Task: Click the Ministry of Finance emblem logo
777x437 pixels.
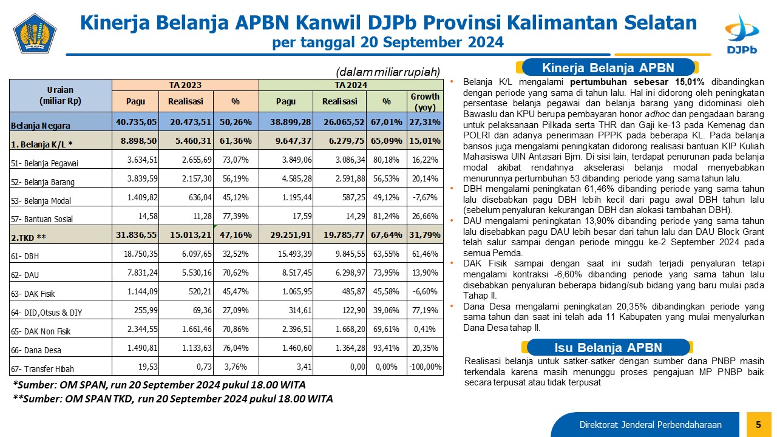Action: coord(35,33)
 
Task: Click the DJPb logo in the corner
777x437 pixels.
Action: coord(742,34)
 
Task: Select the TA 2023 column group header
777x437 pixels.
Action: coord(185,85)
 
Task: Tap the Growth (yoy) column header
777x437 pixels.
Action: coord(425,101)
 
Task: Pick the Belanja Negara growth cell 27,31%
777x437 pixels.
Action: coord(425,122)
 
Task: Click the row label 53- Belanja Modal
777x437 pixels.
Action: coord(41,201)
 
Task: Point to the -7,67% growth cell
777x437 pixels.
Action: coord(425,197)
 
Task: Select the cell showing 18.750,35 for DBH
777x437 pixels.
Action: coord(140,254)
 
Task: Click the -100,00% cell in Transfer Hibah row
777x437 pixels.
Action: coord(425,367)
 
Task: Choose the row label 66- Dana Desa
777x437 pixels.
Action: coord(36,350)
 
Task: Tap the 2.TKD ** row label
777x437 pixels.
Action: coord(29,237)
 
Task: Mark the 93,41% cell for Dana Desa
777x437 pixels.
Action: coord(386,348)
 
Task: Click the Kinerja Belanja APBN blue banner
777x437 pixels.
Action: coord(608,67)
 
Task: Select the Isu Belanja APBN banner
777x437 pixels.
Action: coord(608,347)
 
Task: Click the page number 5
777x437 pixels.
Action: coord(758,424)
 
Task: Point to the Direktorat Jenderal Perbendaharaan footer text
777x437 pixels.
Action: coord(650,424)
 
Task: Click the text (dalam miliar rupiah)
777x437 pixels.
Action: coord(388,72)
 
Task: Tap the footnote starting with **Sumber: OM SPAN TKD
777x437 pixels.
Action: coord(173,399)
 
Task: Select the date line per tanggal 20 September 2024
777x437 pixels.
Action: coord(388,42)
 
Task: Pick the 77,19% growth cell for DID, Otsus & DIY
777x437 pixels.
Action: coord(425,310)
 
